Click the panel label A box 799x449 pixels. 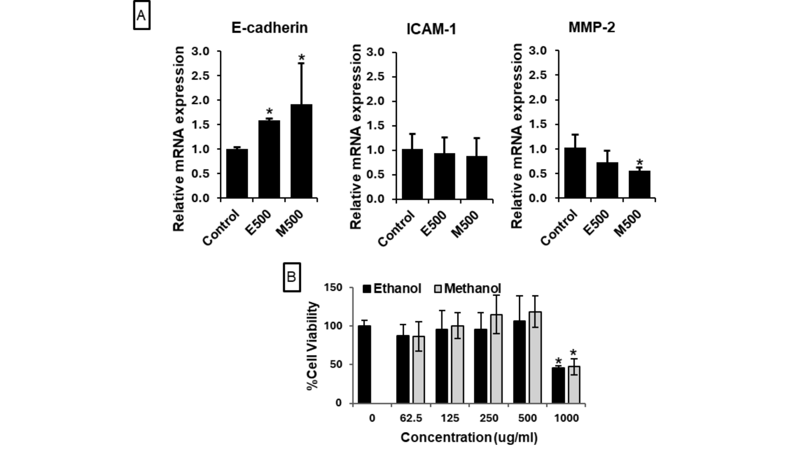pyautogui.click(x=141, y=16)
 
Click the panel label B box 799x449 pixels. pyautogui.click(x=291, y=277)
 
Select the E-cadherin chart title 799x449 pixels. pyautogui.click(x=269, y=28)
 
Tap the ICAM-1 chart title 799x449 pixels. pyautogui.click(x=431, y=29)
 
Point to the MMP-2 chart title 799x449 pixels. pyautogui.click(x=592, y=28)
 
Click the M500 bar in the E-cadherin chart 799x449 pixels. pyautogui.click(x=301, y=151)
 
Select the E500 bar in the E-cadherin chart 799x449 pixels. pyautogui.click(x=269, y=159)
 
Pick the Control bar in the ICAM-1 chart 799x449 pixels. pyautogui.click(x=412, y=174)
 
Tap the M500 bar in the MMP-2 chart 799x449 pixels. pyautogui.click(x=639, y=184)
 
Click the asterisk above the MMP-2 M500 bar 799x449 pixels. pyautogui.click(x=639, y=163)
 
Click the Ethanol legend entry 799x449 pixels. pyautogui.click(x=392, y=289)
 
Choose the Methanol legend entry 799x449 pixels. pyautogui.click(x=467, y=289)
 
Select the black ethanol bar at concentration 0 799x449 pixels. pyautogui.click(x=364, y=365)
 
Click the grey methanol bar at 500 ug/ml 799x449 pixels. pyautogui.click(x=535, y=357)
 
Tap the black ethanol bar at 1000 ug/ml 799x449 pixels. pyautogui.click(x=558, y=385)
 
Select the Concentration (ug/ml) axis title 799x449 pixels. pyautogui.click(x=469, y=437)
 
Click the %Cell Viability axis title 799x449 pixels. pyautogui.click(x=313, y=346)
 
